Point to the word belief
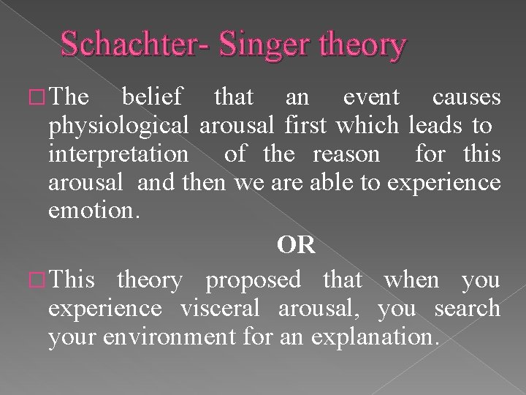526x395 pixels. click(x=153, y=97)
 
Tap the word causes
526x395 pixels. click(x=466, y=97)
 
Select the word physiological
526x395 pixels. click(x=120, y=126)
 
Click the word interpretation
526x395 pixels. click(x=118, y=154)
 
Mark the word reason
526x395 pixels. click(x=346, y=154)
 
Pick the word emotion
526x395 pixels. click(x=91, y=211)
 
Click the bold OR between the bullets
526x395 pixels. click(x=296, y=245)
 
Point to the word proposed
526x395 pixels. click(x=254, y=280)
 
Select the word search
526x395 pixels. click(x=467, y=308)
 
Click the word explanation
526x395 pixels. click(x=374, y=336)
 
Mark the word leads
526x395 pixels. click(x=434, y=126)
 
